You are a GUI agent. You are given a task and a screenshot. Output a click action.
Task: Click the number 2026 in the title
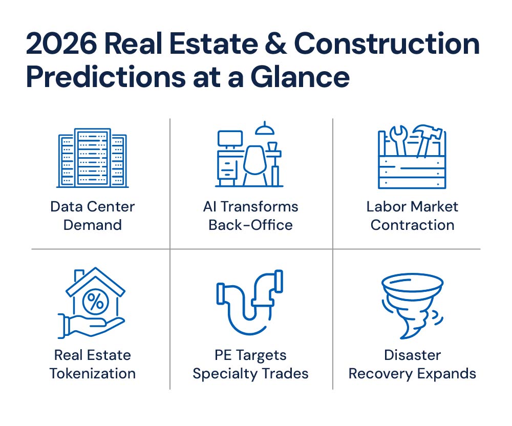(61, 44)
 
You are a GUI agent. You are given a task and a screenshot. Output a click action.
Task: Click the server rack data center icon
(92, 158)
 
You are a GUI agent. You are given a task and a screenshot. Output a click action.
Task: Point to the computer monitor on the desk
(230, 139)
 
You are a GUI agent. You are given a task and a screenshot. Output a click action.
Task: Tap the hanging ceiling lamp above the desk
(265, 129)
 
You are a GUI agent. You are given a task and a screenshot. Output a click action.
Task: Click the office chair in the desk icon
(255, 165)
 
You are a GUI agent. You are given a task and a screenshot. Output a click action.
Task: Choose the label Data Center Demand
(92, 216)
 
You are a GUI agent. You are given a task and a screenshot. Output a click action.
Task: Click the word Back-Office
(250, 225)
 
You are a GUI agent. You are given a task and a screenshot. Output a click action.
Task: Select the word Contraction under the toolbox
(412, 225)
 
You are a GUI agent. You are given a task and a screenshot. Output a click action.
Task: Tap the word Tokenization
(92, 373)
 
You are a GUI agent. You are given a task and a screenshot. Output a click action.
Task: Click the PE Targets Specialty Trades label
(250, 365)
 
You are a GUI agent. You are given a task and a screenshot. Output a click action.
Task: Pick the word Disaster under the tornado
(412, 355)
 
